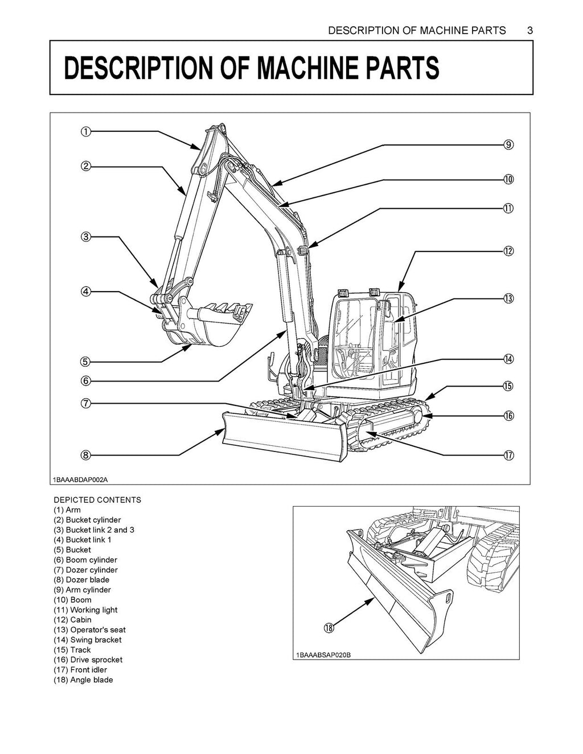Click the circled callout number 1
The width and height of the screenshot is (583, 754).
84,132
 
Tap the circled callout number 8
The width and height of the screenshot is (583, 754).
85,455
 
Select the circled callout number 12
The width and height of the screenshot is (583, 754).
508,251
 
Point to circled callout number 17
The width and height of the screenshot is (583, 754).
508,455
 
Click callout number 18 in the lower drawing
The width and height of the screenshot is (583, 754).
329,628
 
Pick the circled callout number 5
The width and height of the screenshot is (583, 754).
85,362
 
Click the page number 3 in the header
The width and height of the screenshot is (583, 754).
529,31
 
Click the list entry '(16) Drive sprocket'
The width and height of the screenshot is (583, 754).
88,660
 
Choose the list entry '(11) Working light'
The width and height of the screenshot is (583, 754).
85,610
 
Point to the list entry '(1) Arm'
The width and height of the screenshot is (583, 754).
67,510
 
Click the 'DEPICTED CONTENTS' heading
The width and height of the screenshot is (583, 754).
97,500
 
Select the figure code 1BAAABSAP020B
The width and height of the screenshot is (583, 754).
323,655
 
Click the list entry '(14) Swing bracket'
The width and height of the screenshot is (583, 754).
87,640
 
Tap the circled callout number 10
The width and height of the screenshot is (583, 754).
508,179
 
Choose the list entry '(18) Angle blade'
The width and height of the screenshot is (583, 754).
83,680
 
